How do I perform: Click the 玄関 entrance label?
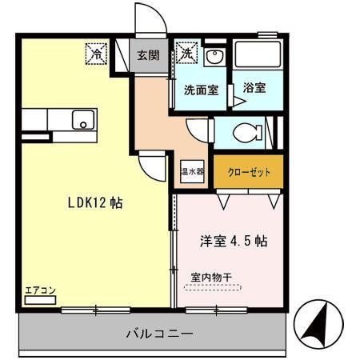[147, 55]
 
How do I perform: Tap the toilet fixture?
[248, 132]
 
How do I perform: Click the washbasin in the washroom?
[214, 58]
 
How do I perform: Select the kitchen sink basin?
[82, 122]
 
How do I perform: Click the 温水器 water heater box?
[191, 171]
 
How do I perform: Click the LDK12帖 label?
[94, 202]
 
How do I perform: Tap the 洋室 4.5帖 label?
[233, 240]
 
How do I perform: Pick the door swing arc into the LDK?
[150, 165]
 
